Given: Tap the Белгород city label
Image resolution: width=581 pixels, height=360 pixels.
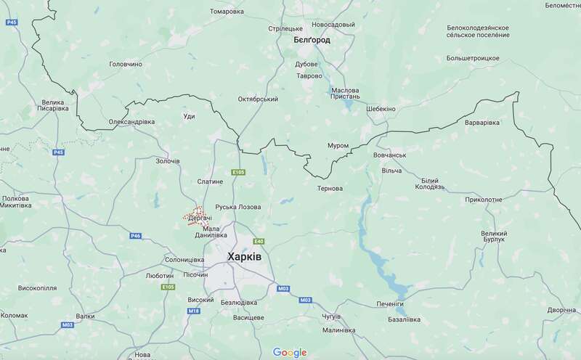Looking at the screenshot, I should [312, 40].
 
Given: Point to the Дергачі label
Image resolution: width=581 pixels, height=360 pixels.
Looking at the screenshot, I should [199, 218].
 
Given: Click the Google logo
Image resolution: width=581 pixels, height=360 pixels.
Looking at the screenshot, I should [290, 352].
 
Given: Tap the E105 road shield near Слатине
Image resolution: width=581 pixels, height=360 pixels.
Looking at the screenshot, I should [238, 172].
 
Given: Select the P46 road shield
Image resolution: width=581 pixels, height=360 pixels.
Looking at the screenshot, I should [136, 236].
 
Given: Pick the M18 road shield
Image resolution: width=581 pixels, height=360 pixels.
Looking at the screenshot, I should [193, 311].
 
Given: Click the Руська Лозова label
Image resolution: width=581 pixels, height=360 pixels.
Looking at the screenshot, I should [239, 207].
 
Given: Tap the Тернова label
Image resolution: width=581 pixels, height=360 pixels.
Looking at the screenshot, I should [330, 189].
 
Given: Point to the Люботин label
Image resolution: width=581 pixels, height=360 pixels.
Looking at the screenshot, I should [159, 276].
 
